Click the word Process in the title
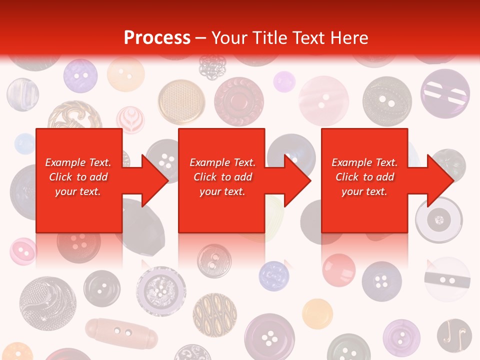(157, 37)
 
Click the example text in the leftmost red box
(78, 177)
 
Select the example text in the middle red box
(222, 177)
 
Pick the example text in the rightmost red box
(364, 177)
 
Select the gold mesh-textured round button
(181, 102)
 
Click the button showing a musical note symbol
(454, 335)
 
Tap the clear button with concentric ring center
(439, 220)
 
